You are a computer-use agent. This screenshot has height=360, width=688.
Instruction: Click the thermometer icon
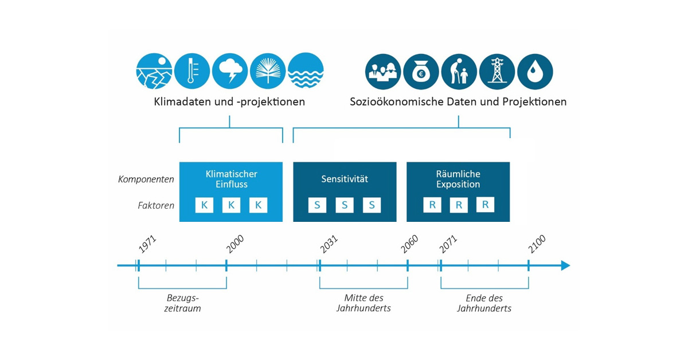point(192,72)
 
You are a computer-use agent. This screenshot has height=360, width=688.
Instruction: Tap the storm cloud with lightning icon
point(230,72)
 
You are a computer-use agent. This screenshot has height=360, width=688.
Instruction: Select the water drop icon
point(535,72)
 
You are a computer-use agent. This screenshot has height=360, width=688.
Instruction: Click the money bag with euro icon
point(421,72)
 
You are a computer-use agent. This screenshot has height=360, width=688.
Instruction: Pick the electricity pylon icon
point(497,72)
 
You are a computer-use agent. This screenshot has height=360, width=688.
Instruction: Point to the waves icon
point(306,72)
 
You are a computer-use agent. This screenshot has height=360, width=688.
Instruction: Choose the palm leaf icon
point(268,72)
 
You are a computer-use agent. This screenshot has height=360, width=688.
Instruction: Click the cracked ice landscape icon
point(154,72)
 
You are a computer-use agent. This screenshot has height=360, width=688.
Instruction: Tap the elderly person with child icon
point(459,72)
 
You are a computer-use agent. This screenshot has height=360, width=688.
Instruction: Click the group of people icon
point(383,72)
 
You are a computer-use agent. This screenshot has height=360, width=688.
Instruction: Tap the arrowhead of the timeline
point(565,265)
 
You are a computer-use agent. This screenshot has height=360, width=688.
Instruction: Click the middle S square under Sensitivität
point(345,205)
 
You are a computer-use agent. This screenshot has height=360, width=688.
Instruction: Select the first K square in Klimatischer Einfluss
point(204,205)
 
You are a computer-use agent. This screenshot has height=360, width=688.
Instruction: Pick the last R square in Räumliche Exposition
point(485,205)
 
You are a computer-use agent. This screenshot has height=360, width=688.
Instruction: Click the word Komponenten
point(146,179)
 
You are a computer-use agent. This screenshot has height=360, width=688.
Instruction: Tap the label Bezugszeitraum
point(183,303)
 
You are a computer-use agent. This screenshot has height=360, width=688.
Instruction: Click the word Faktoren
point(156,205)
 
